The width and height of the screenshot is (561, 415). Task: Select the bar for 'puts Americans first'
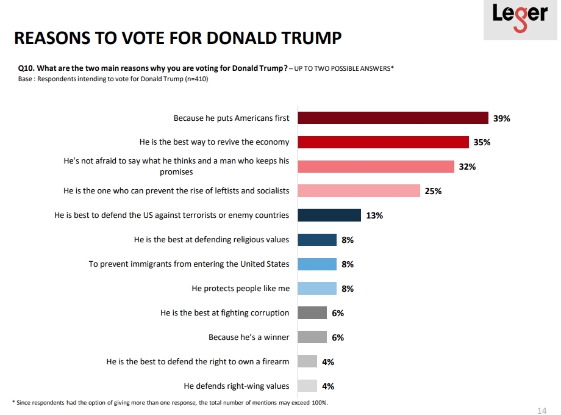tap(393, 118)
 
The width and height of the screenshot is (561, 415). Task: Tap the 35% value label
tap(482, 142)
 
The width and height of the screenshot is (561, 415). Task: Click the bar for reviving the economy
tap(383, 142)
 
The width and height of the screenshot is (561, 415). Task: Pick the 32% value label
tap(467, 167)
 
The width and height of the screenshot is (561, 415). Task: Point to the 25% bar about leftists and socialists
tap(359, 191)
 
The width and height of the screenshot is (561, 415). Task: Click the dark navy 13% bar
tap(329, 215)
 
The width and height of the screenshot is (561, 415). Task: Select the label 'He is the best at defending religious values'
tap(212, 240)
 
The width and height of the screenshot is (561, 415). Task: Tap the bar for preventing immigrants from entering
tap(317, 264)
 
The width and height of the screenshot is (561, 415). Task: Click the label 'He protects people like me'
tap(240, 289)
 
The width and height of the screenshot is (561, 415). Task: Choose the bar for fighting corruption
tap(312, 313)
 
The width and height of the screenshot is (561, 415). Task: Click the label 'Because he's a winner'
tap(249, 337)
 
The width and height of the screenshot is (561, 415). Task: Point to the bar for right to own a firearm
tap(307, 362)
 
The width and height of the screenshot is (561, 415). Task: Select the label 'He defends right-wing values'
tap(236, 386)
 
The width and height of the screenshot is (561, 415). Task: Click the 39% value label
tap(501, 118)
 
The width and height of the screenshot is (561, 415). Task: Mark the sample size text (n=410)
tap(196, 79)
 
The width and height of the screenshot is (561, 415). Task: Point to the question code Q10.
tap(26, 68)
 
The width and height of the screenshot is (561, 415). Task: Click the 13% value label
tap(374, 215)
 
